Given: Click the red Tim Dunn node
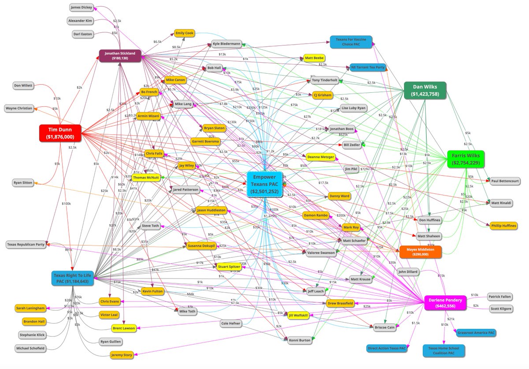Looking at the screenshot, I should [x=61, y=133].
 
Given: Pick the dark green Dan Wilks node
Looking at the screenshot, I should [x=425, y=90].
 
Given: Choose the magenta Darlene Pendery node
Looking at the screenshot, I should [x=445, y=303].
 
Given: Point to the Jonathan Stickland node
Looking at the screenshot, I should [x=120, y=55].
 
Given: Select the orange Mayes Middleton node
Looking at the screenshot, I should [x=420, y=252].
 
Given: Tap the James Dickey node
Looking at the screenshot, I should [x=82, y=7].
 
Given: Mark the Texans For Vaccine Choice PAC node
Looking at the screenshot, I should [x=351, y=42].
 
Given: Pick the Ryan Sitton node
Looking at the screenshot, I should [x=23, y=183].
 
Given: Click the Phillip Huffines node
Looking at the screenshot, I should [x=504, y=226].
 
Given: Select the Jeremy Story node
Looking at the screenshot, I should [x=122, y=354].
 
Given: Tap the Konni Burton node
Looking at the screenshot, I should [x=300, y=340].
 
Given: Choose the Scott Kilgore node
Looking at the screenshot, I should [x=501, y=309].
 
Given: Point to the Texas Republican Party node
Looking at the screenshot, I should [x=26, y=244].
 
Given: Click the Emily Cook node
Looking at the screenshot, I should [x=184, y=33].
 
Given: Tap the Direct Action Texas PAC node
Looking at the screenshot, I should [x=387, y=348].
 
